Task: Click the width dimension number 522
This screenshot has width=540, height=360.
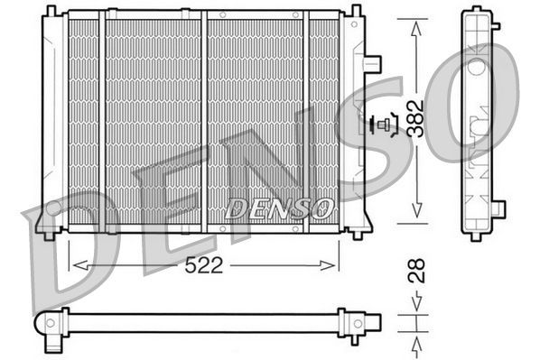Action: (204, 266)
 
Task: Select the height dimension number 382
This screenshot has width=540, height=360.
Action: (416, 118)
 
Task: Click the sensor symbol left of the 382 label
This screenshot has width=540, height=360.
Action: (386, 125)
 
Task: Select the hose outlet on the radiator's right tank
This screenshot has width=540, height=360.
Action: (372, 64)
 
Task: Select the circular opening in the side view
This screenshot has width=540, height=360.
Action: (476, 69)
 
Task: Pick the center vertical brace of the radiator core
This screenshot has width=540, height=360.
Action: (203, 122)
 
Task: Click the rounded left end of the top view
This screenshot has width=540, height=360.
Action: (45, 323)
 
